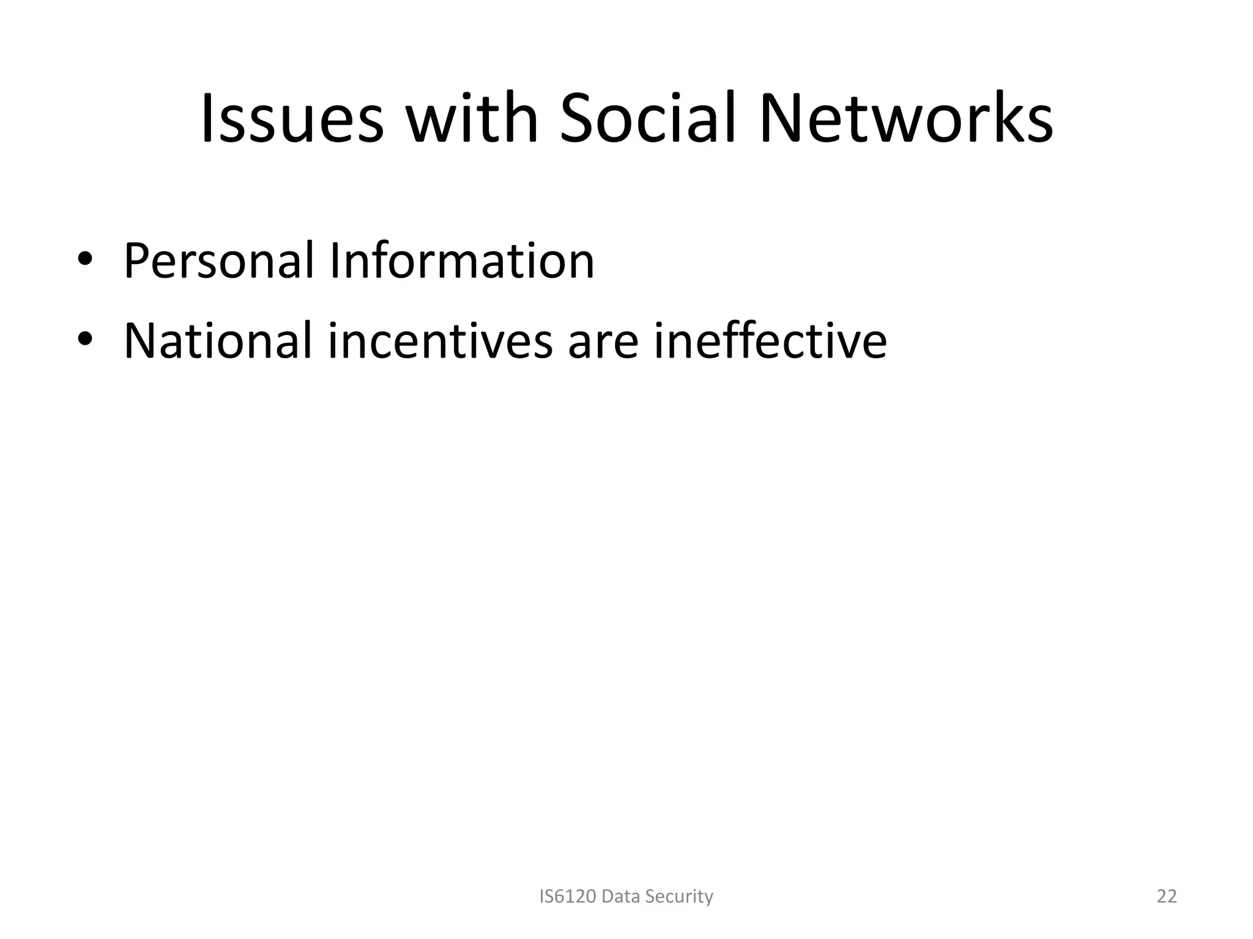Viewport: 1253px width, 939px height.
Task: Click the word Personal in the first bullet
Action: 218,261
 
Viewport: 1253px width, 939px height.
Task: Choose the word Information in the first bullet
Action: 461,261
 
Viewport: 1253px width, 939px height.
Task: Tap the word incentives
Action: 440,341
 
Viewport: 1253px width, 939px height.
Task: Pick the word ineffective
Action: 770,341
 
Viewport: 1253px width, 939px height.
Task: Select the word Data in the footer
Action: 622,896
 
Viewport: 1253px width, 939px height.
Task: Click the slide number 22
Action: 1167,896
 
